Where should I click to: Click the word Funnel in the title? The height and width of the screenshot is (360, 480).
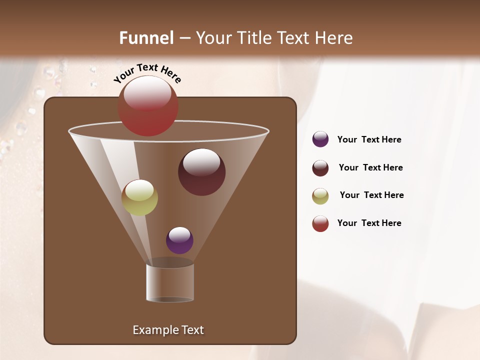coord(146,38)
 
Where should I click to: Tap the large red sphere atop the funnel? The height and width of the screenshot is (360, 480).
coord(148,106)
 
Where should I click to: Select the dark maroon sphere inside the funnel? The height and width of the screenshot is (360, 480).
coord(201,172)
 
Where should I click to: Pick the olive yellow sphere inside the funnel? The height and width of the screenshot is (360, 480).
coord(139,197)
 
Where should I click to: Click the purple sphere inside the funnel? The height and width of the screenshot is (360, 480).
coord(179,240)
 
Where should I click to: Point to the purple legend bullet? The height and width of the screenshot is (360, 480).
coord(320,139)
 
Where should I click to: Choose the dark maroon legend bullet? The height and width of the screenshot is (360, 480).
coord(320,168)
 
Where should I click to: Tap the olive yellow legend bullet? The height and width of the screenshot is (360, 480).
coord(320,196)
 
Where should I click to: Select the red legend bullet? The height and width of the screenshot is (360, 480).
coord(320,223)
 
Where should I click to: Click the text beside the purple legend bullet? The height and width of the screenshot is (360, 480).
coord(369,139)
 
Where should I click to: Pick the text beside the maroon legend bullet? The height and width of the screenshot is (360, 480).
coord(370,167)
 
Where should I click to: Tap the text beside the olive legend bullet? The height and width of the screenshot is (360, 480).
coord(371,195)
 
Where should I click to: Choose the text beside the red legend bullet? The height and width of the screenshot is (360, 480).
coord(369,223)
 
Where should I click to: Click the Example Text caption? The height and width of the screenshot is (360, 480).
coord(168,330)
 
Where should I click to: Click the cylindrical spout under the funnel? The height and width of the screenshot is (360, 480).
coord(170,282)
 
